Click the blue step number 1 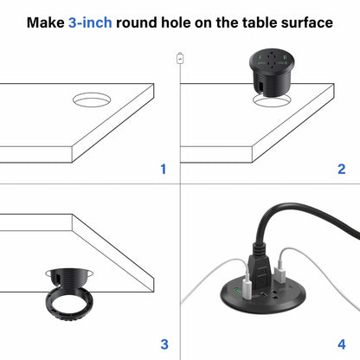pos(162,169)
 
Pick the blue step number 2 pos(341,169)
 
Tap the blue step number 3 pos(162,343)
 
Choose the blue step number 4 pos(341,343)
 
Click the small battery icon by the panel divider pos(180,58)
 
